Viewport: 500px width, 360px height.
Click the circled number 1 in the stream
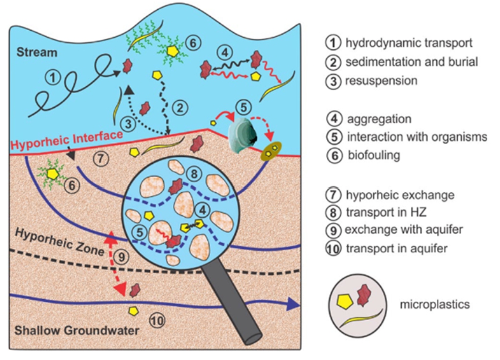(53, 77)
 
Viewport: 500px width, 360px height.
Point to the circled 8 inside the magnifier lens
(194, 173)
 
